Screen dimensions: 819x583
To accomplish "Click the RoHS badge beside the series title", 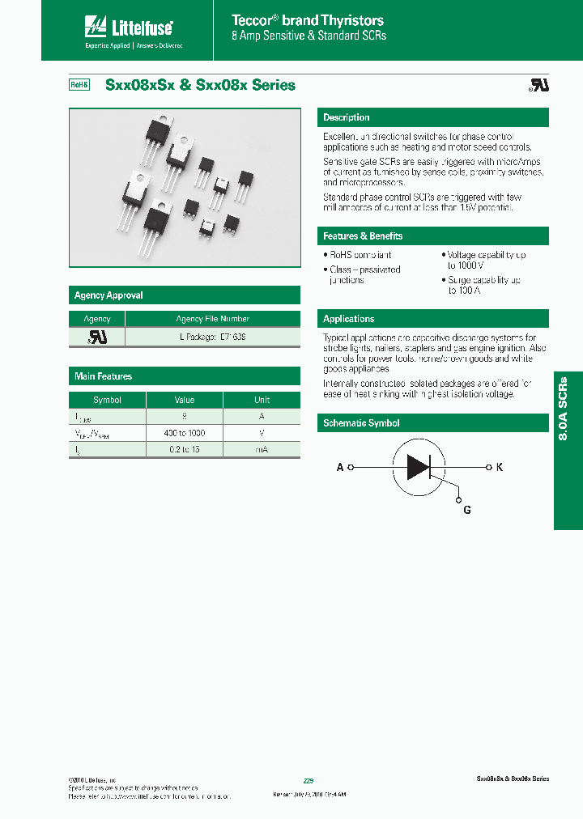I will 79,85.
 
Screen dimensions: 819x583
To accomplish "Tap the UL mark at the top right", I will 538,85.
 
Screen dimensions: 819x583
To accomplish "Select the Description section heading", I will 347,117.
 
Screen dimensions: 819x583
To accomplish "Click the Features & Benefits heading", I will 363,236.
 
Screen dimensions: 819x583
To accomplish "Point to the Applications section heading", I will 349,319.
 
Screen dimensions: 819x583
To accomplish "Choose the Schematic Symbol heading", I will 361,423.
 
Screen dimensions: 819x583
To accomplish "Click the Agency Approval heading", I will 109,295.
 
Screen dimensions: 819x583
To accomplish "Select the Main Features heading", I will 103,376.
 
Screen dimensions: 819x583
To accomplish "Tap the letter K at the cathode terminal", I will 500,468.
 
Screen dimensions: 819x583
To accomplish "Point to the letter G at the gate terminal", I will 466,510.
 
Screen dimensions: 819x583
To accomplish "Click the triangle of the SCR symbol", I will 417,467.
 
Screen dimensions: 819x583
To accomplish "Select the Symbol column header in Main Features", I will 107,400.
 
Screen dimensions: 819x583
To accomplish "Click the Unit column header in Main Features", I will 262,400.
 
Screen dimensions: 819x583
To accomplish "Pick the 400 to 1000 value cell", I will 184,433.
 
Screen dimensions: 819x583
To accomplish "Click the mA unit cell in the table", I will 262,448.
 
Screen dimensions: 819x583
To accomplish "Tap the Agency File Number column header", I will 212,319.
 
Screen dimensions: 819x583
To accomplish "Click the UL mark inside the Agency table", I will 97,336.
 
